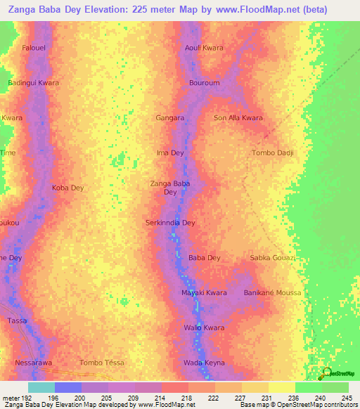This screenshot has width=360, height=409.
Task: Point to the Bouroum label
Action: click(x=205, y=83)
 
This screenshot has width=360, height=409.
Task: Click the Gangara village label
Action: click(x=170, y=118)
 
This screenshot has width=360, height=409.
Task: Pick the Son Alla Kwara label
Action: click(x=238, y=118)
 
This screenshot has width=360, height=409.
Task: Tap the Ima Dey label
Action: click(x=169, y=152)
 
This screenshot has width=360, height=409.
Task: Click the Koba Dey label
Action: click(x=67, y=188)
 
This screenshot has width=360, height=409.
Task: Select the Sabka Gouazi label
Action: click(x=273, y=258)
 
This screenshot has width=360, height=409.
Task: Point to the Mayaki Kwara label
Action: click(x=204, y=292)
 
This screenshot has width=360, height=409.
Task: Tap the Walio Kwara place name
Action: click(x=204, y=327)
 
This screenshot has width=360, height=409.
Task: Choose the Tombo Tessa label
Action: click(x=101, y=363)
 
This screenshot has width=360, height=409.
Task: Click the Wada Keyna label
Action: click(x=204, y=363)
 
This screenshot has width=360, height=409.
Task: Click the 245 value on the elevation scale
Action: click(x=346, y=397)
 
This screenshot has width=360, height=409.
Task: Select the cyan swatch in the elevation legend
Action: click(x=41, y=387)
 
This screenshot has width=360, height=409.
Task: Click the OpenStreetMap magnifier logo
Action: click(x=326, y=372)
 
